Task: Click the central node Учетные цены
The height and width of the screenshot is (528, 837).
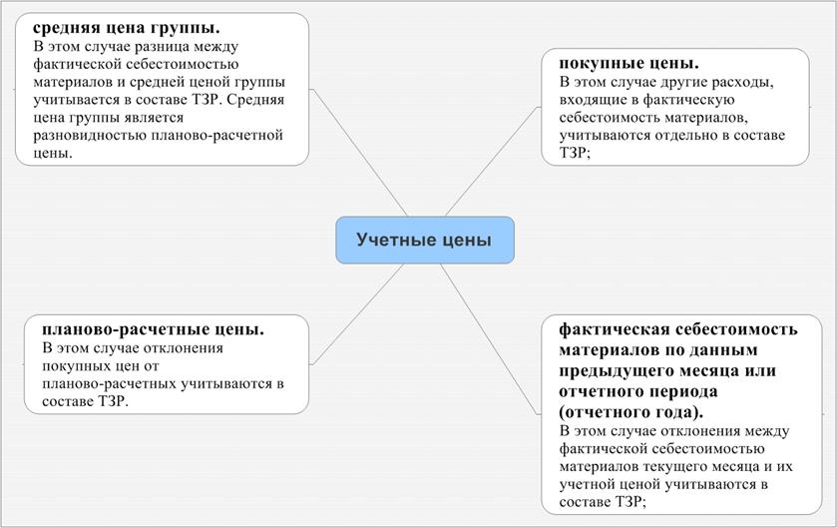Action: click(424, 241)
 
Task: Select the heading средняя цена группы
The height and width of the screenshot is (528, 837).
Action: click(127, 27)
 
